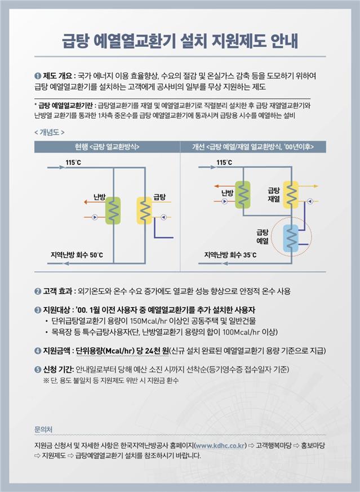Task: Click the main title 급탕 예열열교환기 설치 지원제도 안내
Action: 180,41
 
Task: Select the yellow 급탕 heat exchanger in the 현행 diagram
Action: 145,211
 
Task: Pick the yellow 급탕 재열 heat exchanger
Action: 291,195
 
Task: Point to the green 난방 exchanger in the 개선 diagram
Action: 243,194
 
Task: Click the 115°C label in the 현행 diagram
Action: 73,163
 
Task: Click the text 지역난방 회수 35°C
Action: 230,256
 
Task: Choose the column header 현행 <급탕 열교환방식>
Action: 107,146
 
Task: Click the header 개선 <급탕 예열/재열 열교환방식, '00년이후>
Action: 253,146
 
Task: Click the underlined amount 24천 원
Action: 153,350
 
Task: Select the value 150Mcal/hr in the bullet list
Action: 147,321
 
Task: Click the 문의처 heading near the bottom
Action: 43,429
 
